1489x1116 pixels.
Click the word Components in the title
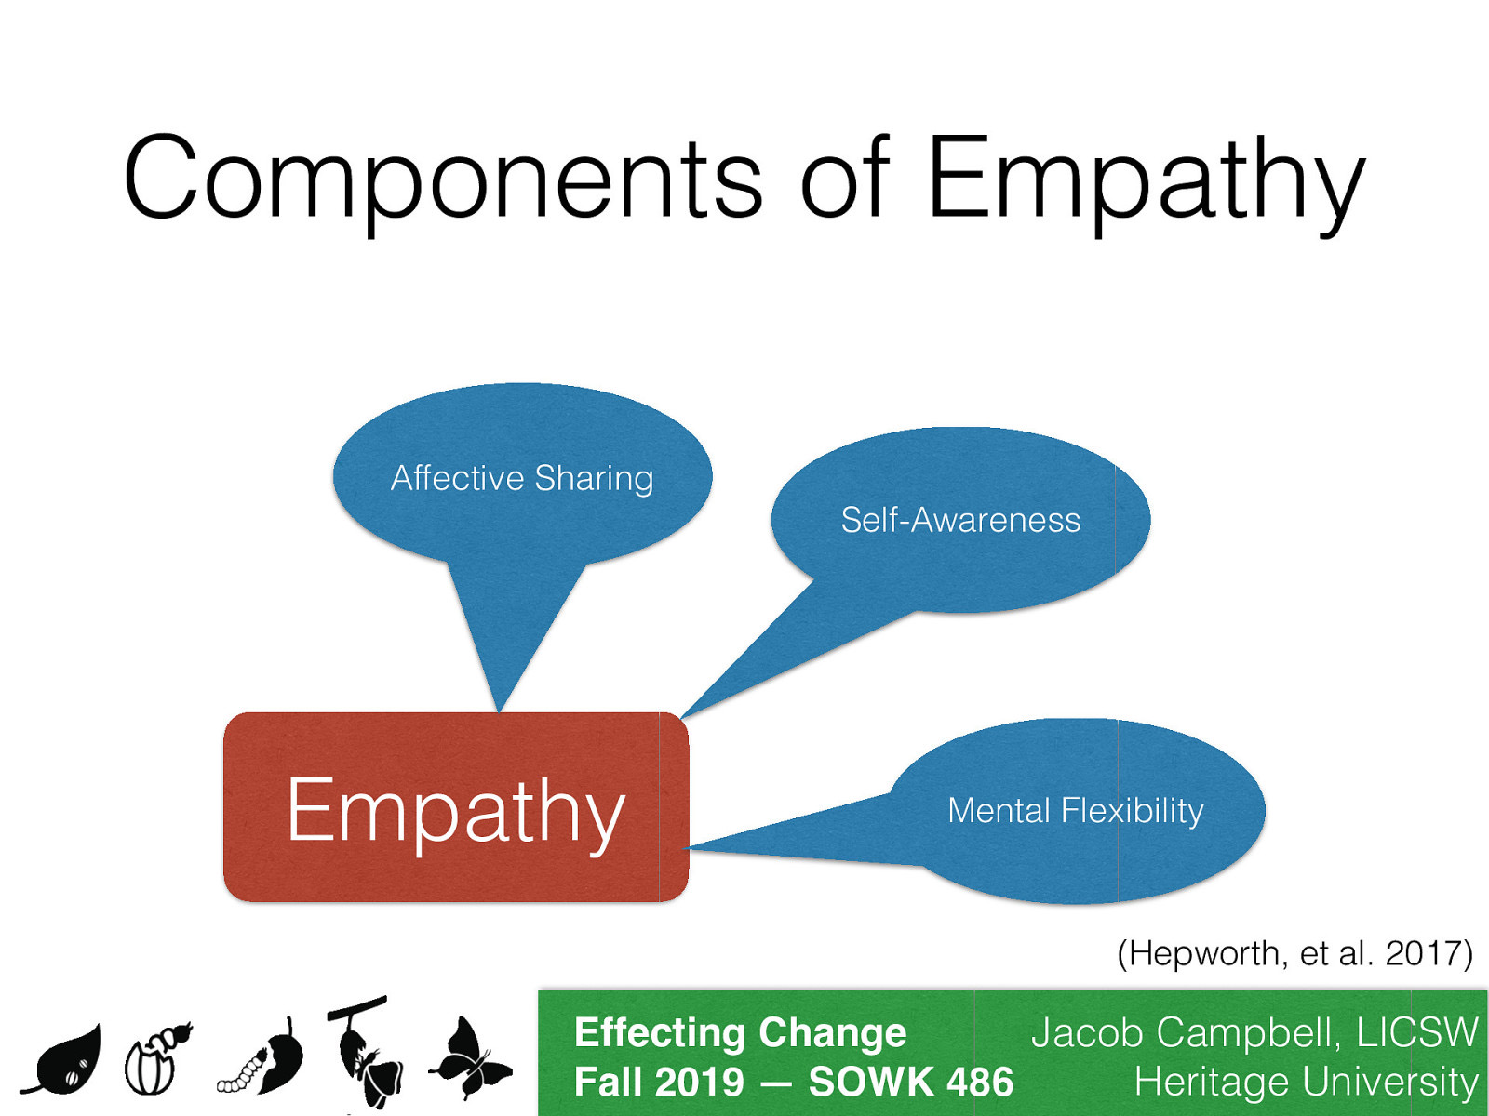(442, 179)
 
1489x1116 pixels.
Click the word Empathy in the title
(1145, 179)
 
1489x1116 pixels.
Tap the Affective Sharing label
(522, 478)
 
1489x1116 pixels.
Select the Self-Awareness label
(960, 520)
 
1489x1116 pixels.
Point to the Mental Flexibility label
(1075, 811)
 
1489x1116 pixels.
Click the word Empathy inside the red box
(455, 811)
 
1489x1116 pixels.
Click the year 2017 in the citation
(1423, 953)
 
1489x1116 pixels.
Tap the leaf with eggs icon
(65, 1062)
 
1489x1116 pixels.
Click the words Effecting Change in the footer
(740, 1032)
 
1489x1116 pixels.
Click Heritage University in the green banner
(1306, 1083)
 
